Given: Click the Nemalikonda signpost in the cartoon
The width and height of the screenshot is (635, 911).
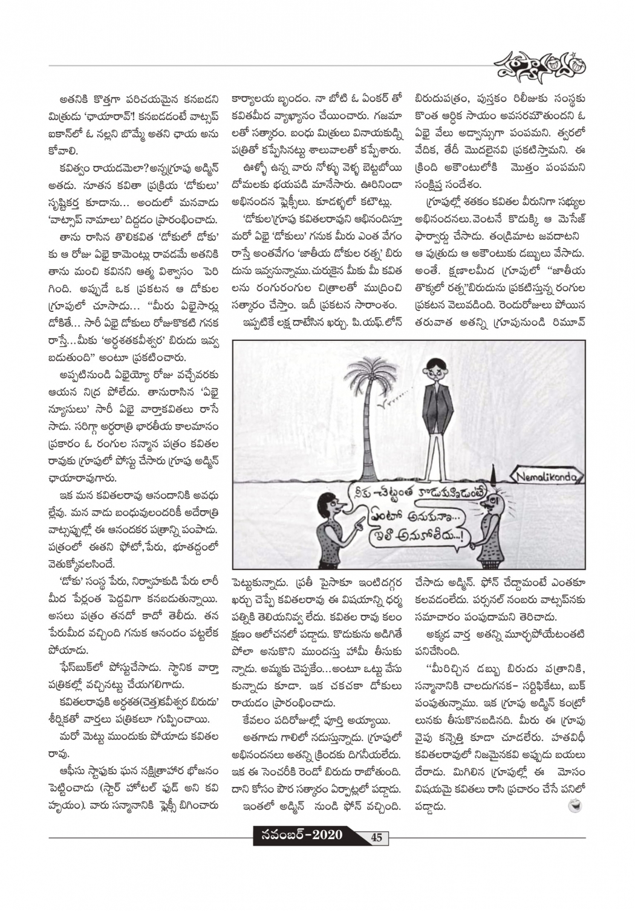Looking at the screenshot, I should click(548, 478).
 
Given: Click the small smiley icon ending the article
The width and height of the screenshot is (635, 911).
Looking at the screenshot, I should click(573, 805).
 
